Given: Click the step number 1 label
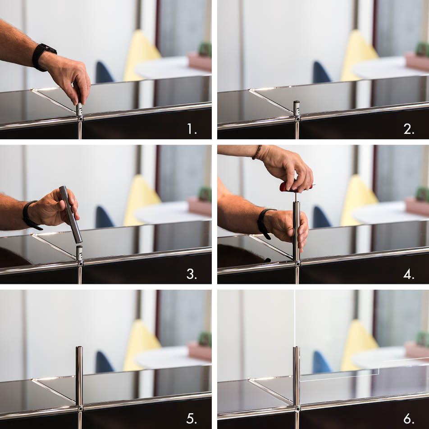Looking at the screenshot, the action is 192,128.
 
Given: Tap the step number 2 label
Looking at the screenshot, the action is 409,128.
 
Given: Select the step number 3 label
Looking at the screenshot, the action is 192,274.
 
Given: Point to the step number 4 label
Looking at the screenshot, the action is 409,274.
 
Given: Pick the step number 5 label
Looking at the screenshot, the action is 192,418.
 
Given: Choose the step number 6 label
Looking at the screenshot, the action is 409,418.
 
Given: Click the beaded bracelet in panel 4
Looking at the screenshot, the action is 257,152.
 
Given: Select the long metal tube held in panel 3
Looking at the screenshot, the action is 71,214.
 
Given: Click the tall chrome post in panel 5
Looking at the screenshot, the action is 79,376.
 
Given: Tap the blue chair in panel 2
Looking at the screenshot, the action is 321,72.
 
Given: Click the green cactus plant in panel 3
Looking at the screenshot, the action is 205,194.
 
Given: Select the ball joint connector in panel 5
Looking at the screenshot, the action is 80,408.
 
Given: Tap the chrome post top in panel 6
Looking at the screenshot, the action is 297,348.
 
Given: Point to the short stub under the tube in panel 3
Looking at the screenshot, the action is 79,253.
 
